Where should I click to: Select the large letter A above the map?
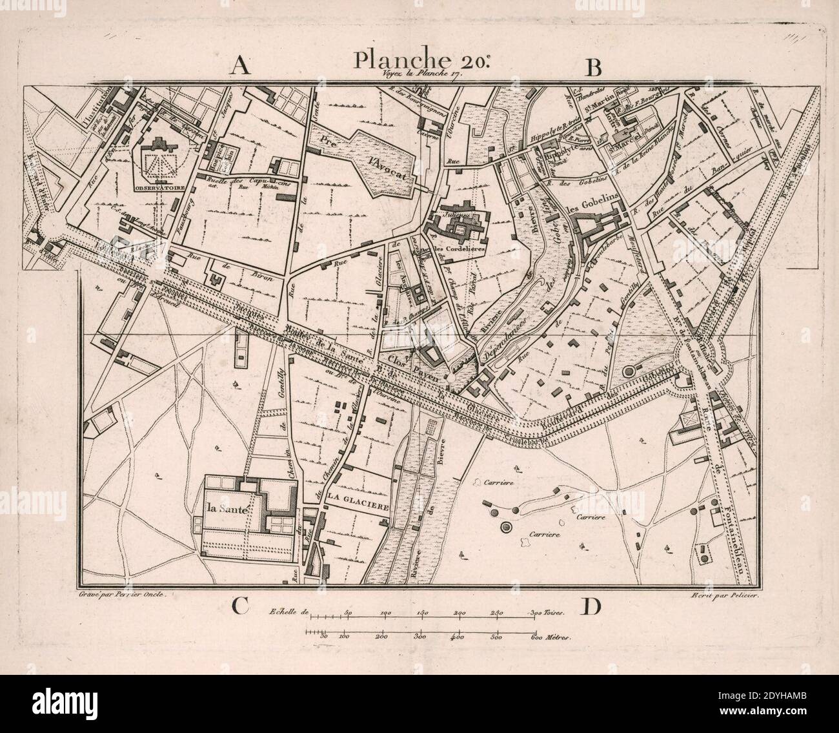[241, 67]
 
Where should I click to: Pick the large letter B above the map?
[593, 67]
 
